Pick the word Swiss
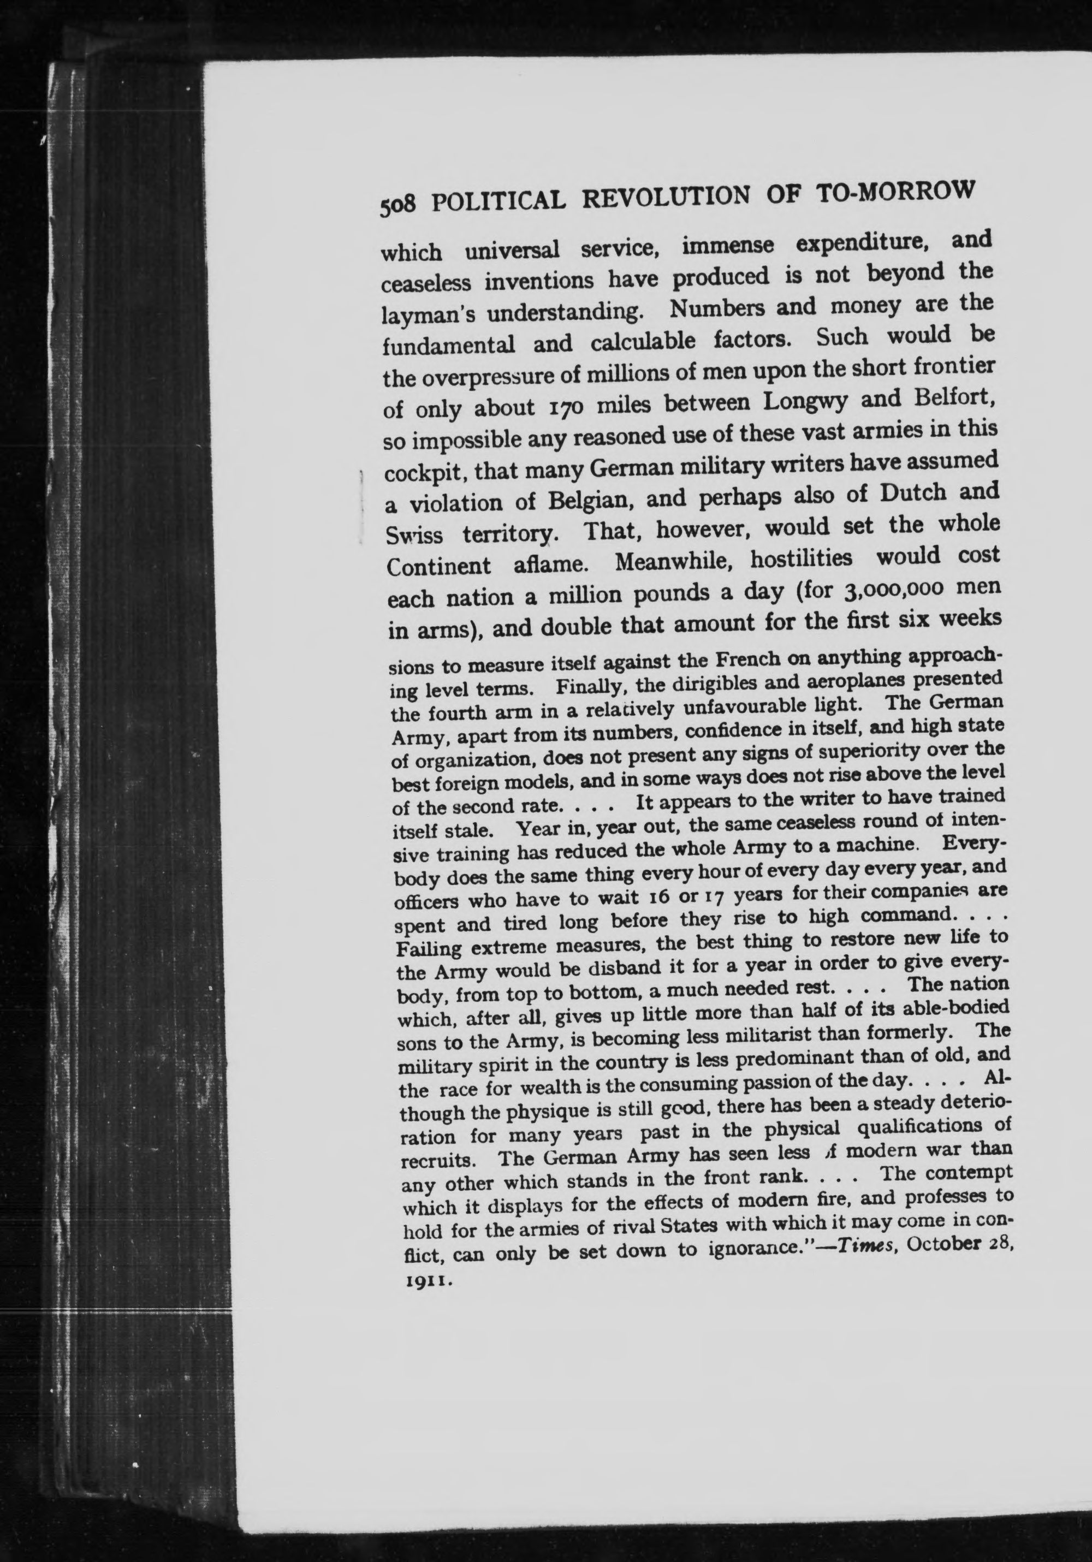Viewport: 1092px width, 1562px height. pos(414,536)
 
